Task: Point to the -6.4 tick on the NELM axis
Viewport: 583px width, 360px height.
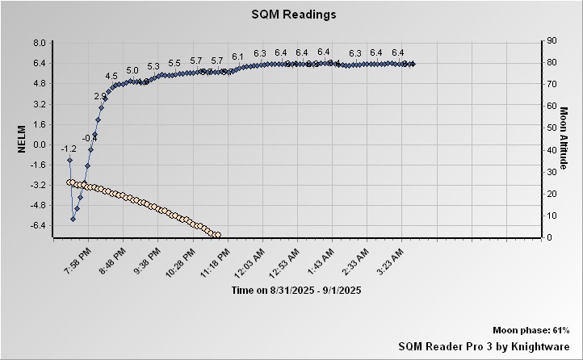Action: (x=37, y=225)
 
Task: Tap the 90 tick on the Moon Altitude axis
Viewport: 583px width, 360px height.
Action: (x=552, y=40)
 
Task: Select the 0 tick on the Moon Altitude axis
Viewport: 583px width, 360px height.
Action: (x=549, y=237)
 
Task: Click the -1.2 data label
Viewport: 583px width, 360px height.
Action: (x=69, y=149)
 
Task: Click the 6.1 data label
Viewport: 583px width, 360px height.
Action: (x=237, y=57)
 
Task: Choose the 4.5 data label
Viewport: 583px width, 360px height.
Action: (x=111, y=76)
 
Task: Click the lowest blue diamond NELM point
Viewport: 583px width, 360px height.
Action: (x=73, y=219)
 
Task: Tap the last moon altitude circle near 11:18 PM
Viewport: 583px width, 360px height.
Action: (x=216, y=235)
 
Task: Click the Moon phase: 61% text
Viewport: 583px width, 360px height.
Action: (x=531, y=331)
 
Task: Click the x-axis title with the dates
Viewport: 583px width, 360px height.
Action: (x=296, y=290)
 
